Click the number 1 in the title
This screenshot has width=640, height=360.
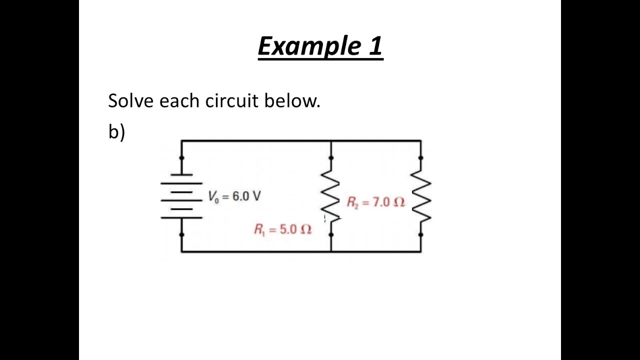pos(376,46)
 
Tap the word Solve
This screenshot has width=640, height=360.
pos(130,100)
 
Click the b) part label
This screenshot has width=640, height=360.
pos(116,131)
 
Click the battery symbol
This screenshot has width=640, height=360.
pos(181,196)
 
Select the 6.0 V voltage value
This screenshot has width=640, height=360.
pos(246,196)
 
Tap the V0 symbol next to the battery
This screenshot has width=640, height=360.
pos(213,196)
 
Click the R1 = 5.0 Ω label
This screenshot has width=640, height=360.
pos(282,229)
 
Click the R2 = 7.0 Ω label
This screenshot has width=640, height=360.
pos(375,202)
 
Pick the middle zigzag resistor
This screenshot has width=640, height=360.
pos(330,195)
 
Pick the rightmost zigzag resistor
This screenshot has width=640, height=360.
pos(421,195)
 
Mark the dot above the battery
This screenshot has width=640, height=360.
pos(181,158)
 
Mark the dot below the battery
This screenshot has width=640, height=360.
pos(181,234)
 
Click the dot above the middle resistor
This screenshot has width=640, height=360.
pos(331,158)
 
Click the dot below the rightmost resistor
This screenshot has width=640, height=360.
pos(421,234)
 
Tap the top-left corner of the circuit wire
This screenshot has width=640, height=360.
pos(181,141)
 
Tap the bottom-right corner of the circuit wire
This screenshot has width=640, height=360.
pos(421,251)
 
